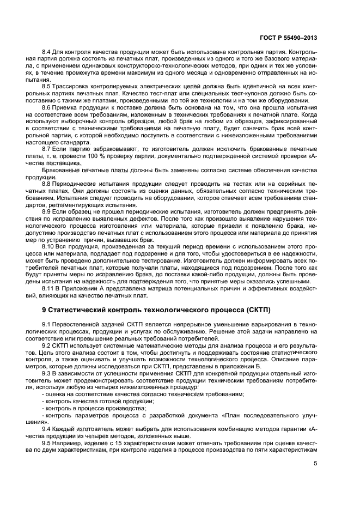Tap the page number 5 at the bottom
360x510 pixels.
pyautogui.click(x=315, y=464)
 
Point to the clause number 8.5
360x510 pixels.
pyautogui.click(x=48, y=87)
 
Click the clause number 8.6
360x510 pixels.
pyautogui.click(x=48, y=108)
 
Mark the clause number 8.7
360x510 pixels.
pyautogui.click(x=48, y=148)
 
